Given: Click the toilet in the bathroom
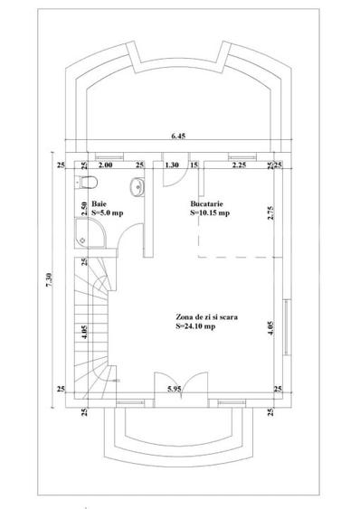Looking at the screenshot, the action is tap(87, 182).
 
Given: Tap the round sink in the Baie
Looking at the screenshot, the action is tap(137, 187).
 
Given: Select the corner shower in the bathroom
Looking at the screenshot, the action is tap(90, 233).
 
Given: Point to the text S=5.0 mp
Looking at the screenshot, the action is tap(108, 213).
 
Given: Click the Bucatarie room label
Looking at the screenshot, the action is tap(206, 203).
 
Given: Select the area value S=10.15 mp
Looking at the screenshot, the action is tap(210, 213).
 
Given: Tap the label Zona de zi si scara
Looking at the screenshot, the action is tap(206, 316).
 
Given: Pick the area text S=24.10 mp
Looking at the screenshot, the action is tap(195, 326).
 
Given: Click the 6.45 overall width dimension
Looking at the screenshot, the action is tap(178, 136).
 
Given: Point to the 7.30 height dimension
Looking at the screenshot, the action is tap(49, 279).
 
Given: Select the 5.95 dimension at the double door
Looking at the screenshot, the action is tap(175, 389).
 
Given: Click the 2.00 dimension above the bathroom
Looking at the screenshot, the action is tap(105, 165).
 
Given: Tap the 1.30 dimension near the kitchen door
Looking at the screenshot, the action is tap(172, 165).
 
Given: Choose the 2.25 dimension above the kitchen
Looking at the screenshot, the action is tap(239, 165).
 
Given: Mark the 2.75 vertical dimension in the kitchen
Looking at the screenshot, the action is tap(270, 213).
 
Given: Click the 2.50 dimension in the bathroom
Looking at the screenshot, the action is tap(84, 209).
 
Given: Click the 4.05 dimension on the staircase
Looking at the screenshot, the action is tap(84, 332).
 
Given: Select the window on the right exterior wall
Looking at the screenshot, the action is tap(287, 327).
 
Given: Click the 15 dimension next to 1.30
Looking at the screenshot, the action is tap(194, 165).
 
